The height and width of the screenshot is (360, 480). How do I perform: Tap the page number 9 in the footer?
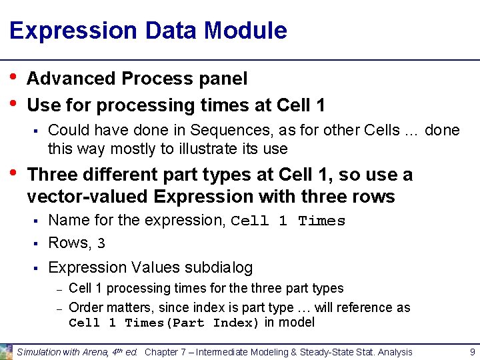(x=471, y=351)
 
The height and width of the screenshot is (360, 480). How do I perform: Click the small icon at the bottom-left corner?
(x=6, y=351)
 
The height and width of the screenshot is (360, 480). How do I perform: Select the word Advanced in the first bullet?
(x=71, y=79)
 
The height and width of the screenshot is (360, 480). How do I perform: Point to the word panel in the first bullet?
(x=223, y=79)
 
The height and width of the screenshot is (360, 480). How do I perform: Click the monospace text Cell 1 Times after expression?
(x=288, y=221)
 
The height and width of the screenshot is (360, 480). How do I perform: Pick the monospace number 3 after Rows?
(x=101, y=244)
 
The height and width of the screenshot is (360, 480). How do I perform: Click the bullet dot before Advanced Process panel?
(x=15, y=77)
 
